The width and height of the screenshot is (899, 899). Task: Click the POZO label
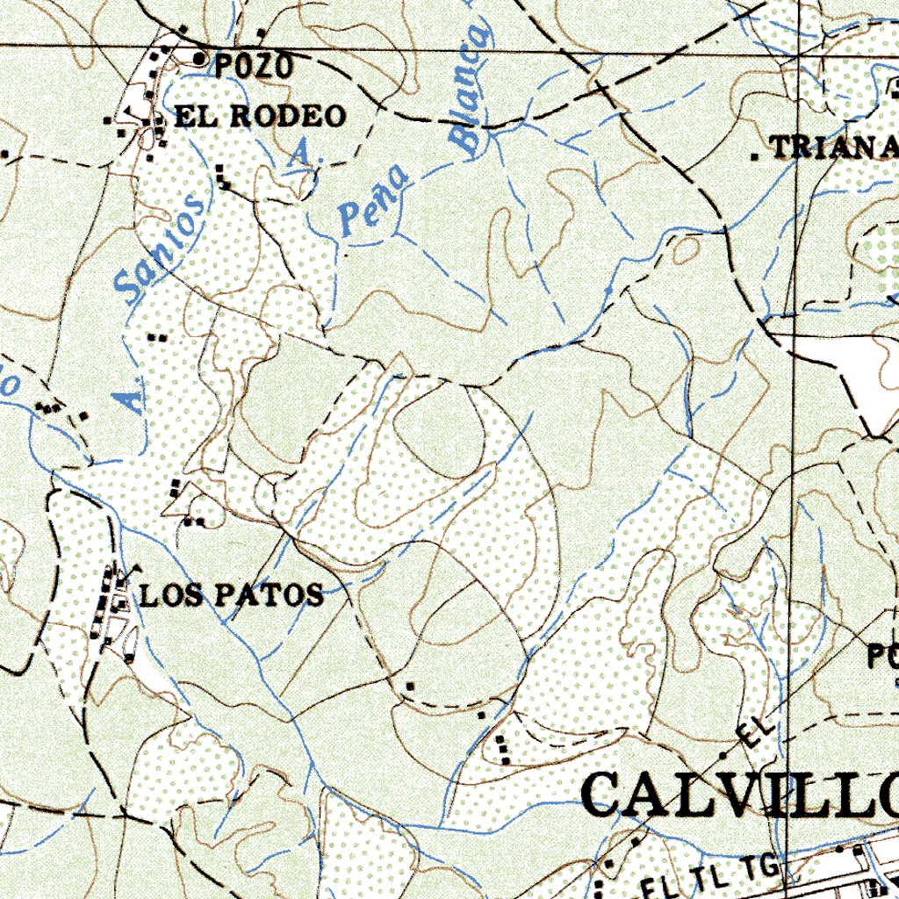pos(253,66)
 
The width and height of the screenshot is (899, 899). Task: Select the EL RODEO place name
pos(260,116)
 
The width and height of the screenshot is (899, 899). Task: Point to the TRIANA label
pos(834,147)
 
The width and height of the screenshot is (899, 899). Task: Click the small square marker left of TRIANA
pos(755,156)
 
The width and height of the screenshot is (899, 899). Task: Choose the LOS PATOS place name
pos(232,595)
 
